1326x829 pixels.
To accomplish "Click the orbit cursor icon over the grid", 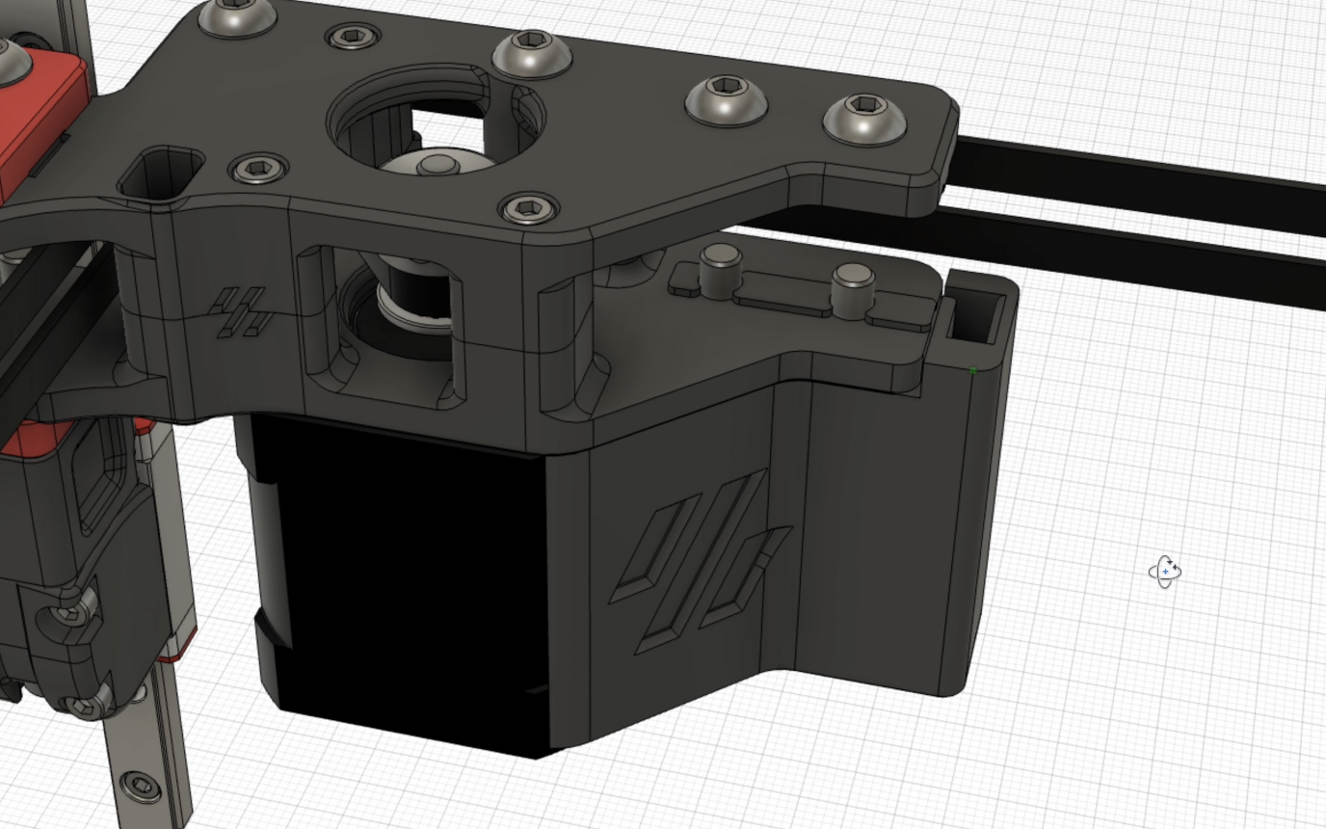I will (1165, 572).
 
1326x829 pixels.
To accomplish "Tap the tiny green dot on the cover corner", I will (973, 370).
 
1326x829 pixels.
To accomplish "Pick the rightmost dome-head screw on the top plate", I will (864, 119).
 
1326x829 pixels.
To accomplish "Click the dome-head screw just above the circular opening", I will (531, 52).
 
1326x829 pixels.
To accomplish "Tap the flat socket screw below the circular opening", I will (529, 207).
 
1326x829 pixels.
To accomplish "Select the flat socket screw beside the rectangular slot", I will (258, 170).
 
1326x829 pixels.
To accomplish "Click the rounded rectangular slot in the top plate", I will (161, 173).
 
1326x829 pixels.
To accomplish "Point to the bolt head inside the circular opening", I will (438, 165).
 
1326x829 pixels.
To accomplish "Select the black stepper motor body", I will (405, 578).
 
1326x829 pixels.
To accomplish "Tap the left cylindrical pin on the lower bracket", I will (720, 269).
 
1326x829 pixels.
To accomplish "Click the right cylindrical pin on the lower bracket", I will (853, 288).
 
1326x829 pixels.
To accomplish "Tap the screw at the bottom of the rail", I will (143, 786).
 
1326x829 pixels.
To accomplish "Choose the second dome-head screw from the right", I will (727, 99).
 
